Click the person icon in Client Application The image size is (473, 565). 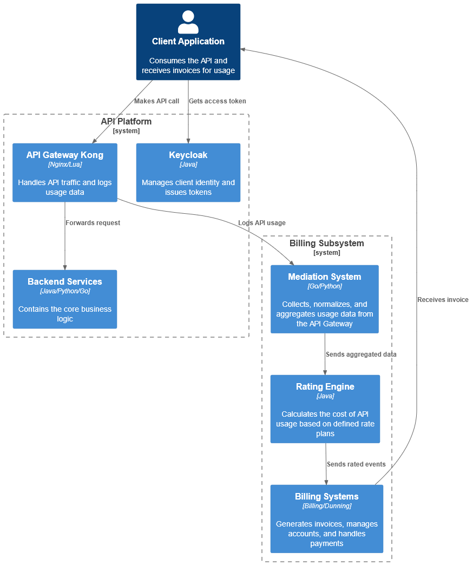pyautogui.click(x=188, y=22)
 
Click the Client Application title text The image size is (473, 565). pyautogui.click(x=188, y=42)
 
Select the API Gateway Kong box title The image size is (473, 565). pyautogui.click(x=65, y=155)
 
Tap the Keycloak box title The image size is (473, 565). pyautogui.click(x=188, y=155)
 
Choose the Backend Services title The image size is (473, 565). pyautogui.click(x=65, y=282)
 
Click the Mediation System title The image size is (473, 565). pyautogui.click(x=324, y=277)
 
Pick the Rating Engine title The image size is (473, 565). pyautogui.click(x=325, y=387)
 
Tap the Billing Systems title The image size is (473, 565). pyautogui.click(x=326, y=497)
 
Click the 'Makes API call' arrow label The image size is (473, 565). pyautogui.click(x=156, y=101)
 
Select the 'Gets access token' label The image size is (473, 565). pyautogui.click(x=217, y=101)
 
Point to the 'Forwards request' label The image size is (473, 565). pyautogui.click(x=93, y=223)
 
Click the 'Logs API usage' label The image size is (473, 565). pyautogui.click(x=261, y=223)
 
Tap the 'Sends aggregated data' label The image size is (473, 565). pyautogui.click(x=361, y=354)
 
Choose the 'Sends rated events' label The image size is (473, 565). pyautogui.click(x=356, y=464)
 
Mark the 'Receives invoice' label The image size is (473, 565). pyautogui.click(x=443, y=300)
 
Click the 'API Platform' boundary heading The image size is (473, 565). pyautogui.click(x=126, y=122)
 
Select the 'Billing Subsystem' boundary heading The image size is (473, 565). pyautogui.click(x=326, y=244)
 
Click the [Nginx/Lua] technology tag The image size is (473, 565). pyautogui.click(x=65, y=165)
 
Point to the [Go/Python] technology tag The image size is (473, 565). pyautogui.click(x=324, y=286)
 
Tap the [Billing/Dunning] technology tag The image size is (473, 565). pyautogui.click(x=326, y=506)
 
